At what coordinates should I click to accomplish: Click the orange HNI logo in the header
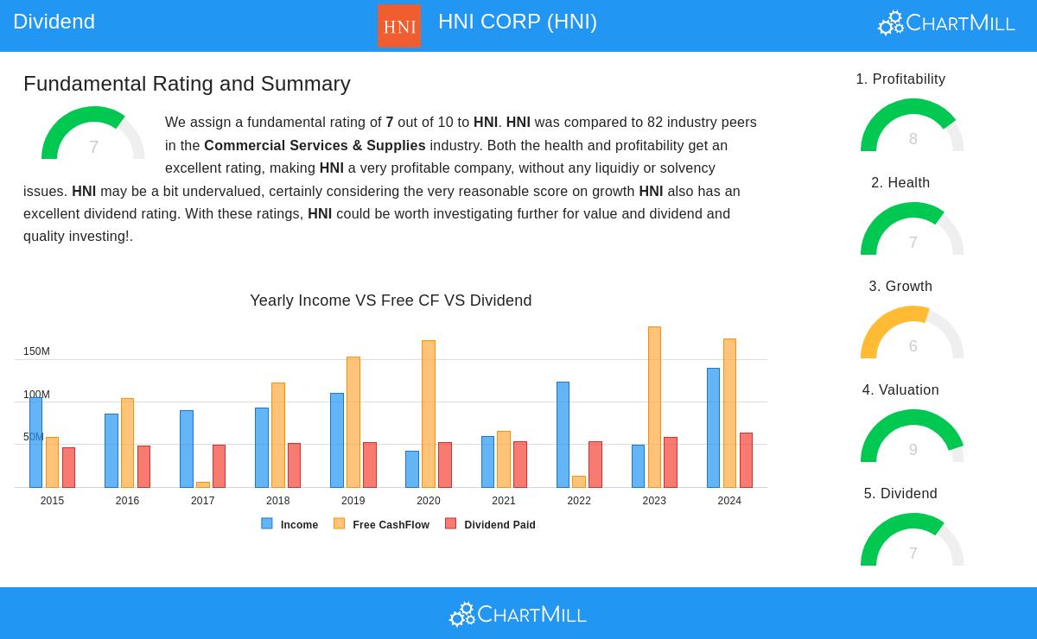398,26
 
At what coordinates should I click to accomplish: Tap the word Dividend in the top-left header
54,22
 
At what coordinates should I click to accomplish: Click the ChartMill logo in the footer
518,614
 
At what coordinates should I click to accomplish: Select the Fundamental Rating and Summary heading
187,84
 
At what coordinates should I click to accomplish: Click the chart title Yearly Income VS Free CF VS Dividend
391,301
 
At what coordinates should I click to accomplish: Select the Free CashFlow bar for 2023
654,407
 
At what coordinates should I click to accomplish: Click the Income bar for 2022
563,434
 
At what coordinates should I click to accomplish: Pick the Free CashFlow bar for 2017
203,484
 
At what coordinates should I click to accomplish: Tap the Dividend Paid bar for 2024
746,460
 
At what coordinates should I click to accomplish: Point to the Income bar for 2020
412,469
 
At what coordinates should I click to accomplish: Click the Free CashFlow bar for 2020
429,414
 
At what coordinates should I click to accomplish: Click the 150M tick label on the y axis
36,351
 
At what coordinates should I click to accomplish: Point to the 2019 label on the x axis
353,501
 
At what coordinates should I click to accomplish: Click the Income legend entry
289,524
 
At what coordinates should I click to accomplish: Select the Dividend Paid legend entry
490,524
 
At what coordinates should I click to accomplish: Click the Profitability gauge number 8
913,139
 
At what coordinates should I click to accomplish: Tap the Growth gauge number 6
913,346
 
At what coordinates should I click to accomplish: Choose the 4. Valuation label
900,390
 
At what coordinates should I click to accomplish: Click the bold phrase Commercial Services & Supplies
315,146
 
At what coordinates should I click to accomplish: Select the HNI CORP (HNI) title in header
517,22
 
